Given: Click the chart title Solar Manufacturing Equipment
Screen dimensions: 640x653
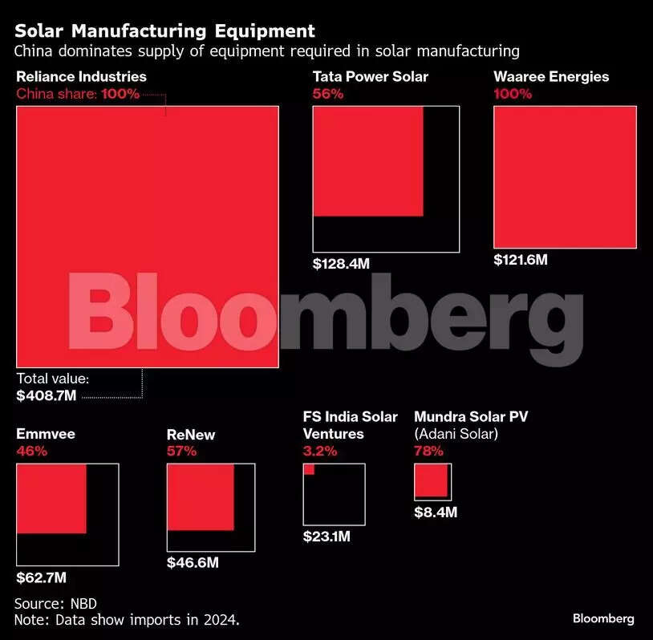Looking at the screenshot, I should (165, 31).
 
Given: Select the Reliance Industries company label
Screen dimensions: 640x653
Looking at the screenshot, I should (81, 77).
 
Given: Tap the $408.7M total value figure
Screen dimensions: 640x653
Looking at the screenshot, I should (47, 395).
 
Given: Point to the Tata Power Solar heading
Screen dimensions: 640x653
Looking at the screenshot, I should (370, 77).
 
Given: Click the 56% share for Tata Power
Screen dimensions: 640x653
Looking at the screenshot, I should (327, 94).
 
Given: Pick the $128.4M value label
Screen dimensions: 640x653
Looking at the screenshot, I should (341, 263).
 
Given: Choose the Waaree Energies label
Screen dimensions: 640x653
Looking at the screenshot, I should (551, 77).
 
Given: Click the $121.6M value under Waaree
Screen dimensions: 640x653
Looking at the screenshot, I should (521, 260).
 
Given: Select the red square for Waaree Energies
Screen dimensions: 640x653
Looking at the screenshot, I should (565, 177).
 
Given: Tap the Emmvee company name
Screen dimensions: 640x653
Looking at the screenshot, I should (46, 434).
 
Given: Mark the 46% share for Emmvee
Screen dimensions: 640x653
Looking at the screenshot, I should (32, 451).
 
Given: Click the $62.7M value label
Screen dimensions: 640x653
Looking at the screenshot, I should (42, 577).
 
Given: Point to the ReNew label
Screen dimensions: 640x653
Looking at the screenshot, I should (191, 435).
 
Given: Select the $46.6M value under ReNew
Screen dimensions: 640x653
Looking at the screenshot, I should (193, 562).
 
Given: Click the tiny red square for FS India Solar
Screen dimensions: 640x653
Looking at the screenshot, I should (309, 470).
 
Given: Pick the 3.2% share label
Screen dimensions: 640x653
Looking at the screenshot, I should (320, 451).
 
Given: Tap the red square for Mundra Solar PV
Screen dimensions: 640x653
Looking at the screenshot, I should (431, 480).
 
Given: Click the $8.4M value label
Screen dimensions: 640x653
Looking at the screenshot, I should (436, 512).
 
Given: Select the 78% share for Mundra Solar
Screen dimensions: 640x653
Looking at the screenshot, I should (429, 451).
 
